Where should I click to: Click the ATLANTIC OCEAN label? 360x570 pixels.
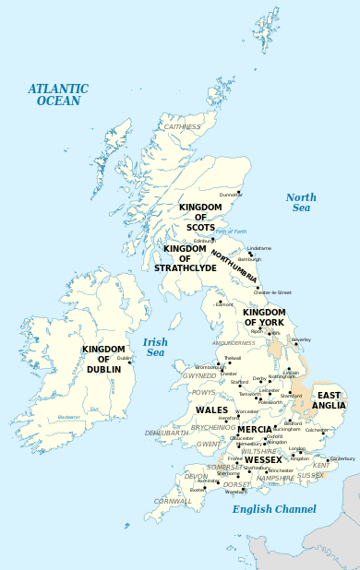click(58, 95)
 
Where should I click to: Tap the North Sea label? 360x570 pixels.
click(301, 203)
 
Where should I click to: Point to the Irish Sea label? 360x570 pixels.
click(155, 347)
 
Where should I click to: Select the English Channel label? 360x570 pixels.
click(274, 509)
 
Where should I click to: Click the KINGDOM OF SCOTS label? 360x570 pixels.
click(200, 218)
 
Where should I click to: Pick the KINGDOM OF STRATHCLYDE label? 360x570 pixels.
click(190, 258)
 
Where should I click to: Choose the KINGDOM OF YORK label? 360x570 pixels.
click(264, 317)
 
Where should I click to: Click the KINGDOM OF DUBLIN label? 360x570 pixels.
click(102, 359)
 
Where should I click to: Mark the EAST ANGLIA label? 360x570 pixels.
click(330, 399)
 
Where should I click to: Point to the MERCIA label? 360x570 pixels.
click(255, 430)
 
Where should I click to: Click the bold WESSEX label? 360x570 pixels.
click(263, 459)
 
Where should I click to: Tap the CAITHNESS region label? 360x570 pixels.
click(182, 126)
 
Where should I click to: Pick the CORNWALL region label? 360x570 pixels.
click(174, 501)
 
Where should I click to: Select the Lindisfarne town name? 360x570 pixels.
click(259, 248)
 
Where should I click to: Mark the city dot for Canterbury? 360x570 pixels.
click(329, 462)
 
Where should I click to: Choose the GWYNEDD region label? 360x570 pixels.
click(199, 376)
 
